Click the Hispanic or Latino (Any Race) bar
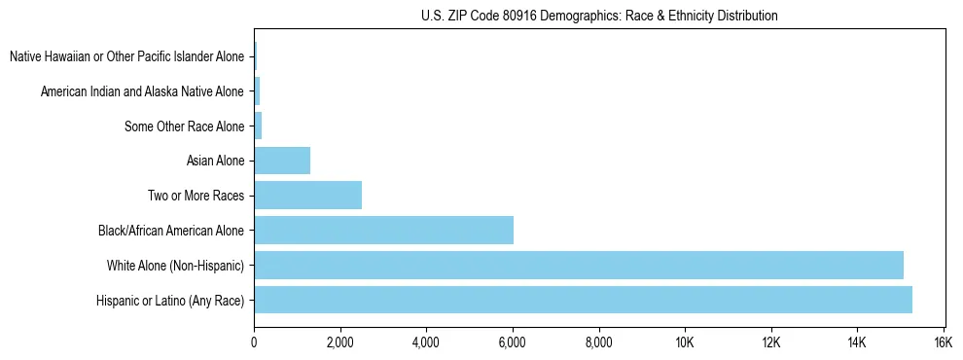(x=583, y=300)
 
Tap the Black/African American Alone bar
(x=383, y=231)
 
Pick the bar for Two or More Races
(x=307, y=196)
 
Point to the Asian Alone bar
(x=282, y=161)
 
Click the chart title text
(x=599, y=16)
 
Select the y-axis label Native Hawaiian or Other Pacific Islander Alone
(x=126, y=56)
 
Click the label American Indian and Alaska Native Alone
(x=142, y=91)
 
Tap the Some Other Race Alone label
(x=185, y=126)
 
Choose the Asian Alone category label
(x=215, y=161)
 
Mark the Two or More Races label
(x=196, y=196)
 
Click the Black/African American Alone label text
(x=171, y=231)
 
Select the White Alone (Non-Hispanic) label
(x=175, y=266)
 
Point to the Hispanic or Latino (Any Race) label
(x=170, y=301)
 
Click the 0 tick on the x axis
(x=254, y=342)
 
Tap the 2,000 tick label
(x=340, y=342)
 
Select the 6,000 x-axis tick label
(x=513, y=342)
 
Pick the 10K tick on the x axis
(x=685, y=342)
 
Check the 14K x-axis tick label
(x=857, y=342)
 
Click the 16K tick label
(x=943, y=342)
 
